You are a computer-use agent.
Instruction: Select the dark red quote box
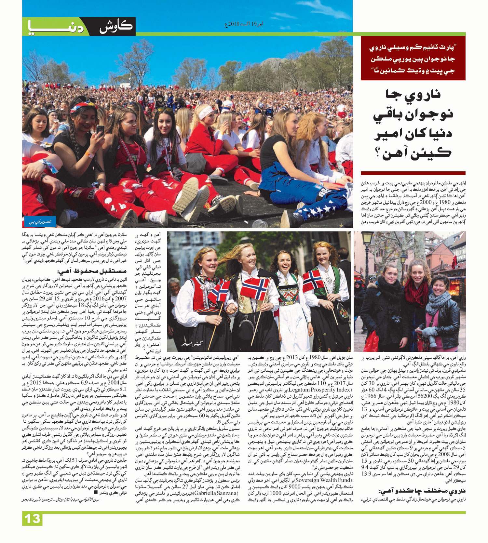[413, 58]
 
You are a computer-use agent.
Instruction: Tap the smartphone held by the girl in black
[101, 130]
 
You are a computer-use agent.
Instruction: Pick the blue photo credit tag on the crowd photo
[40, 222]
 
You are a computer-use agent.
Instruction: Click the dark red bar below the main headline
[413, 173]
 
